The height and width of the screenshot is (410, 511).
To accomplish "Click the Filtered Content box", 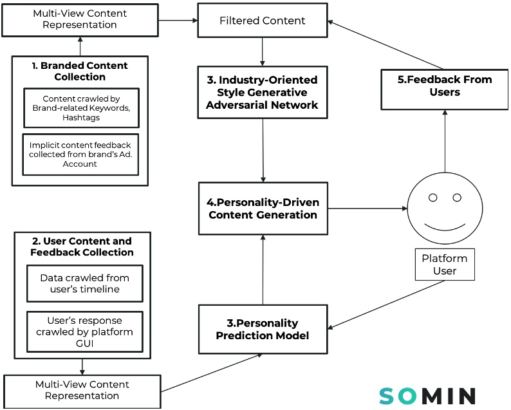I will click(262, 21).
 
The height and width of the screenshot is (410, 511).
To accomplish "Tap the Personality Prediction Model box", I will click(262, 329).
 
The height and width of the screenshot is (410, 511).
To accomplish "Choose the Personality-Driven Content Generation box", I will click(263, 209).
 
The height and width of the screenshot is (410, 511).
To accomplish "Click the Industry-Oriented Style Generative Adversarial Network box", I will click(262, 93).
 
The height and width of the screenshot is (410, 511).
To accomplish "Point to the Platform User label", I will click(444, 264).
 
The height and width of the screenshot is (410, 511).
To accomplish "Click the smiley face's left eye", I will click(433, 197).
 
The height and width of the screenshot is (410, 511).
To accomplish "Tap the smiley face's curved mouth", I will click(444, 227).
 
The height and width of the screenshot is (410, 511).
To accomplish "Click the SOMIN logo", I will click(427, 395).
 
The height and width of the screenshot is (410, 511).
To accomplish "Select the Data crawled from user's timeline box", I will click(84, 284).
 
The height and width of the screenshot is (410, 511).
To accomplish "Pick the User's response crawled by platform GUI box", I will click(84, 331).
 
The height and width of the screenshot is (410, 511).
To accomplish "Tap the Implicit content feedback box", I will click(80, 154).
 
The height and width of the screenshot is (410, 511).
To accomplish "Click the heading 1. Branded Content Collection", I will click(80, 71).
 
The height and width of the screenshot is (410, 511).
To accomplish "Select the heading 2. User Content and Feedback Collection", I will click(82, 247).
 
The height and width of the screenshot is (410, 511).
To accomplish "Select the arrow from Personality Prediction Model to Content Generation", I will click(262, 270).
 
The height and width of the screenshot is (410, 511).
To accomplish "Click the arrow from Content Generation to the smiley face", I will click(367, 209).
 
